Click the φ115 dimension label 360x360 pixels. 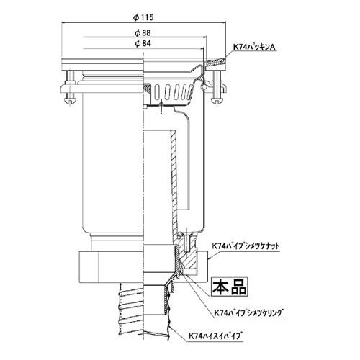[x=143, y=17]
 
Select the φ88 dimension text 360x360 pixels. [x=143, y=33]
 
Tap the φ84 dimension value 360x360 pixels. [x=143, y=44]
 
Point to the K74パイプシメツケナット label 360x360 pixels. [x=246, y=246]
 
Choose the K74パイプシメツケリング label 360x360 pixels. [x=248, y=312]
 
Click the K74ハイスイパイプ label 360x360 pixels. [x=215, y=336]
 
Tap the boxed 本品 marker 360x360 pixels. [x=229, y=287]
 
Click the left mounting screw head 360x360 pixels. [x=69, y=102]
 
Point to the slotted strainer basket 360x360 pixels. [x=172, y=93]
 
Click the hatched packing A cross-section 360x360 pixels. [x=215, y=63]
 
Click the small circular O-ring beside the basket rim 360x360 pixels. [x=204, y=86]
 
